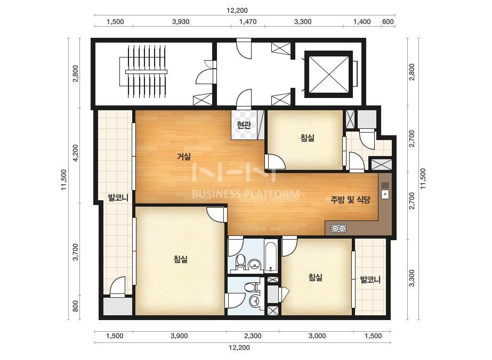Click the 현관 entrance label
[x=244, y=126]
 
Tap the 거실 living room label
[x=184, y=156]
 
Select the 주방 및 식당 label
[x=351, y=200]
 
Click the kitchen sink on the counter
[x=385, y=194]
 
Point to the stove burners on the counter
[x=338, y=228]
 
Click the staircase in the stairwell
[x=146, y=72]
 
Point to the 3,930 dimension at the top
[x=181, y=22]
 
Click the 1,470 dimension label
[x=248, y=22]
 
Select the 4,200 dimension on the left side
[x=75, y=153]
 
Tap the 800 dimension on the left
[x=75, y=306]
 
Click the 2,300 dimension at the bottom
[x=253, y=336]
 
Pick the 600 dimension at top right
[x=388, y=22]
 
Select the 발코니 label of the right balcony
[x=370, y=279]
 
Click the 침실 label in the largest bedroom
[x=180, y=259]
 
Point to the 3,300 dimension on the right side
[x=412, y=278]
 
